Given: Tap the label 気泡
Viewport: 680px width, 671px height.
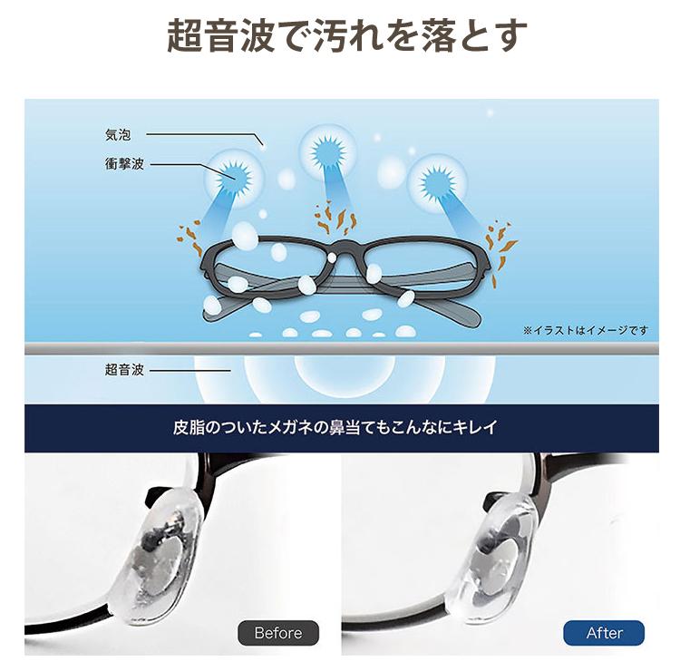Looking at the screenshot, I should pyautogui.click(x=119, y=136).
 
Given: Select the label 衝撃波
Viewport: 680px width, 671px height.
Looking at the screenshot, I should pyautogui.click(x=123, y=165).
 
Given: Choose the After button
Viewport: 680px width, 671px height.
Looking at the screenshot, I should pyautogui.click(x=604, y=632).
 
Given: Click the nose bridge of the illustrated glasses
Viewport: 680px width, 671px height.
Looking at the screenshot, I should pyautogui.click(x=340, y=249).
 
